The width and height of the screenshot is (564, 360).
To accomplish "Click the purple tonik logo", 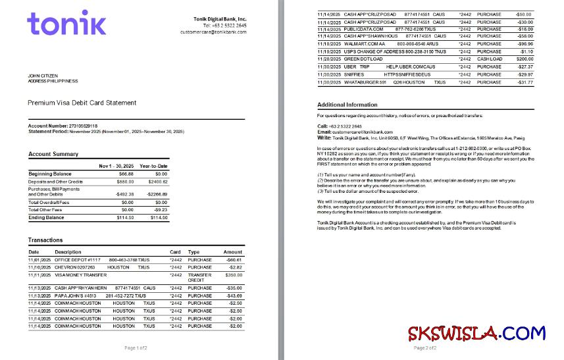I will tap(66, 24).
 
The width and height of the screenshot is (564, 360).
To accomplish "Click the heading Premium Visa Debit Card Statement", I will tap(82, 103).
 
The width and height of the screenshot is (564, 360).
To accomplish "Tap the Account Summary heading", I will tap(53, 154).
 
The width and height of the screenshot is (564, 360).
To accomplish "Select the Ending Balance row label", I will tap(46, 217).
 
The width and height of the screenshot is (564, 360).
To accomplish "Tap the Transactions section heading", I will tap(45, 240).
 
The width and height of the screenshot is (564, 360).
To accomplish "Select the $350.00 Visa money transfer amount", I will tap(233, 275).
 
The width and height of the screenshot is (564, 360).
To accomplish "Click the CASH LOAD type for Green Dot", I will tap(489, 59).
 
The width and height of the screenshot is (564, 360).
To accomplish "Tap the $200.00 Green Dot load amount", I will tap(524, 59).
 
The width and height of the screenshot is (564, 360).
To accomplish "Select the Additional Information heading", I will tap(347, 105).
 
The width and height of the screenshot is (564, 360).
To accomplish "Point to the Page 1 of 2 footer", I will tap(136, 347).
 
